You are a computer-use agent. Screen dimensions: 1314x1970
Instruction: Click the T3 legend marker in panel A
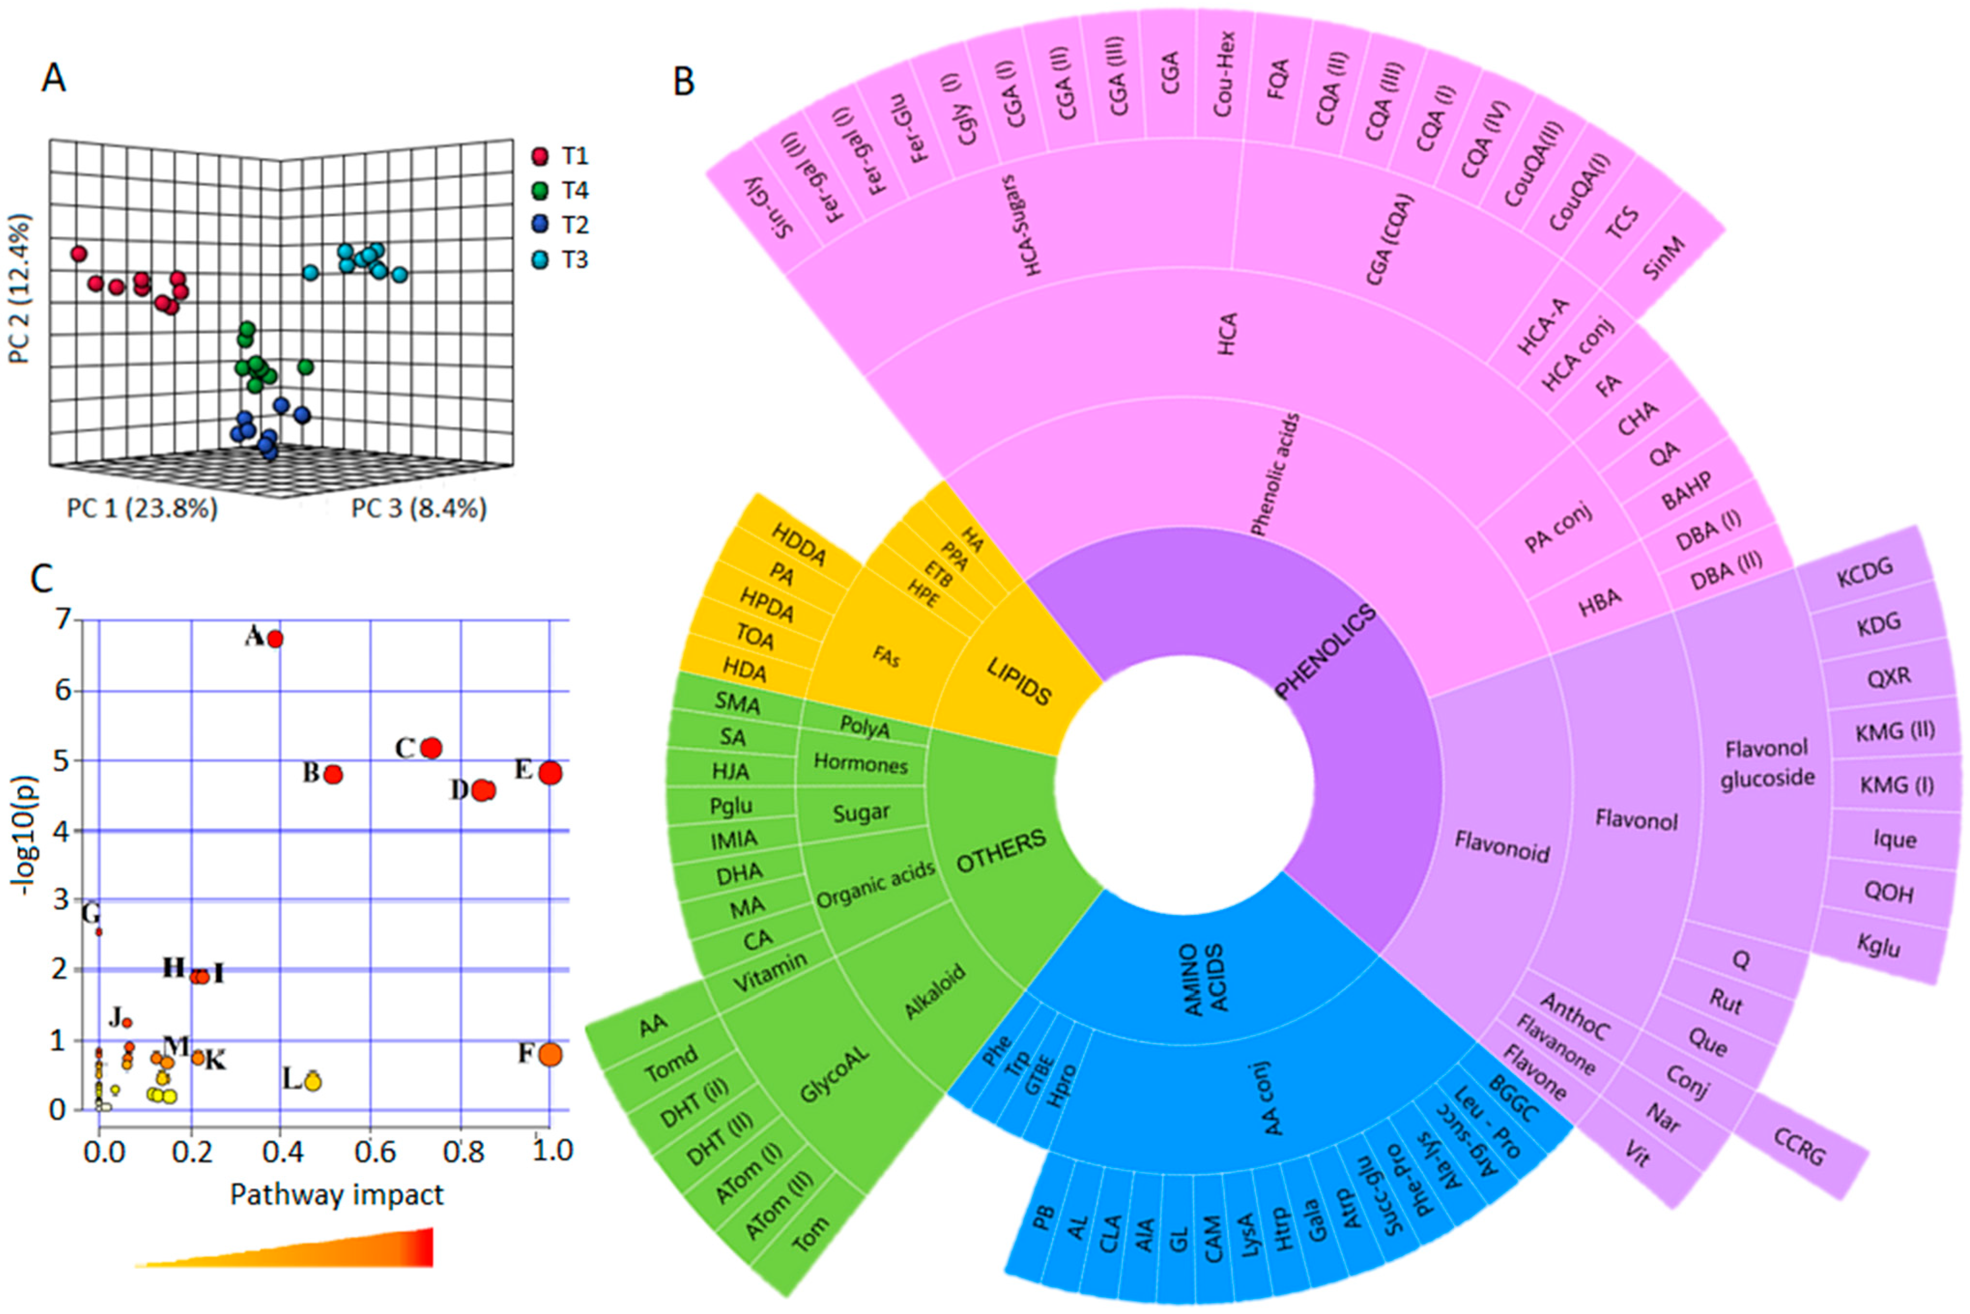541,260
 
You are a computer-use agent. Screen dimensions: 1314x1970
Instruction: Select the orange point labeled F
550,1054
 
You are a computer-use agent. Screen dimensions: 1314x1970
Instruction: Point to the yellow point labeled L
313,1082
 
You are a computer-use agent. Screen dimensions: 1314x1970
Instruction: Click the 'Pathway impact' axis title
336,1194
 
